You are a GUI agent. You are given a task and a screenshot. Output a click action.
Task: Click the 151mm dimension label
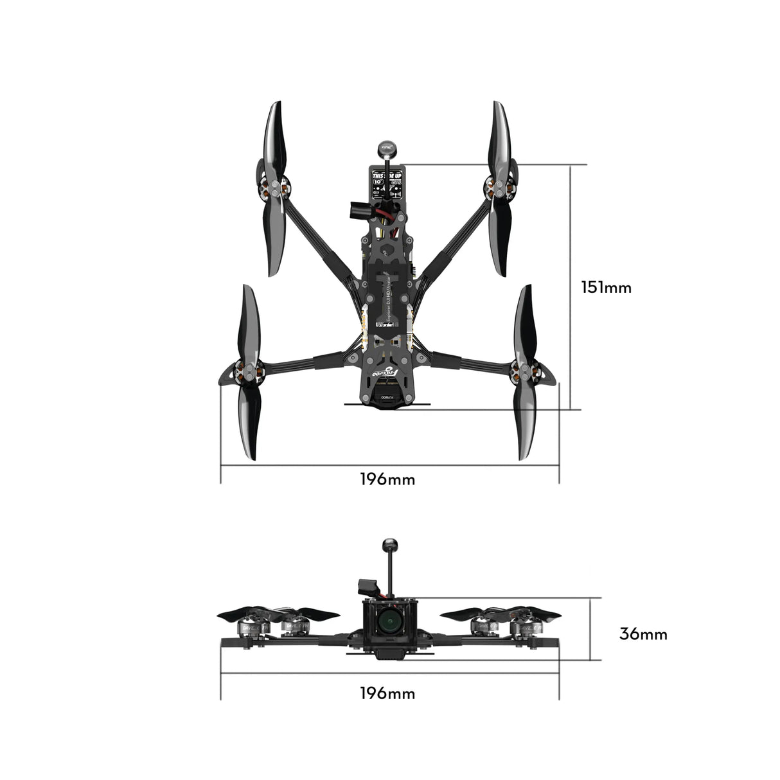click(606, 287)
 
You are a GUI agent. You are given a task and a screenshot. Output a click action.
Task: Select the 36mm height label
click(643, 634)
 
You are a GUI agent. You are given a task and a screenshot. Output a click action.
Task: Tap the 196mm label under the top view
click(387, 479)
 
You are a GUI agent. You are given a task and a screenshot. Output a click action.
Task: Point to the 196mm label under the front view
click(387, 693)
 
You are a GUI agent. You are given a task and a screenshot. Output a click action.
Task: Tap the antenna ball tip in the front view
click(388, 545)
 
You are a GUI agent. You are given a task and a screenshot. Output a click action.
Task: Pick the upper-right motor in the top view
click(498, 188)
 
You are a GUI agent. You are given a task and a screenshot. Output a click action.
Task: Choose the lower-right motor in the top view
click(526, 371)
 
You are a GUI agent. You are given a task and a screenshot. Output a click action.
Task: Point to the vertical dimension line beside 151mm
click(571, 287)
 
